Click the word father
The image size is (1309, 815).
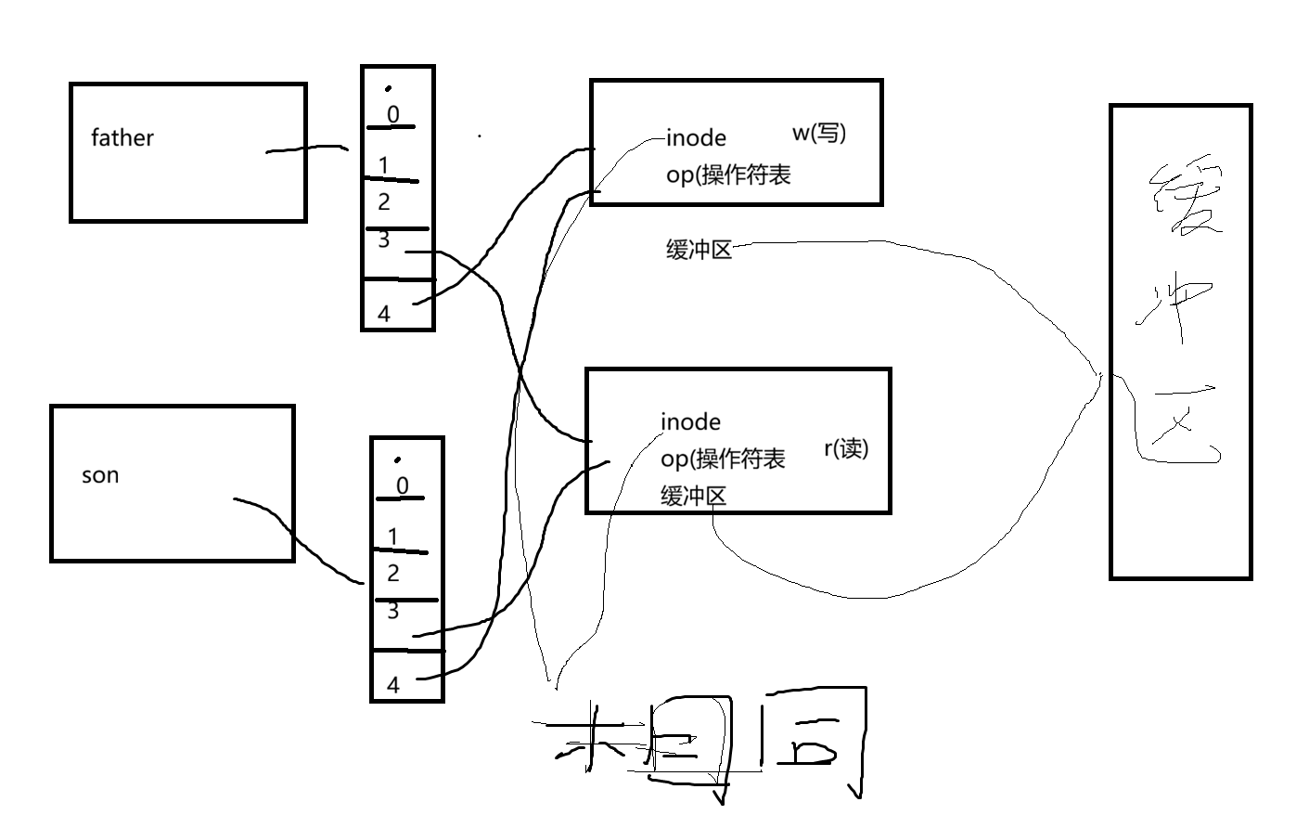(122, 138)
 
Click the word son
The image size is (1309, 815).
(100, 476)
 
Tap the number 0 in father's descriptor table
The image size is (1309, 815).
(393, 114)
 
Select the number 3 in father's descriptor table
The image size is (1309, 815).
(384, 240)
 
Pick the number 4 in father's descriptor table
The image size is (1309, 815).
(384, 314)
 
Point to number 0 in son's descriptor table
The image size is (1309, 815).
(402, 485)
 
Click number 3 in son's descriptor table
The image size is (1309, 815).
(393, 611)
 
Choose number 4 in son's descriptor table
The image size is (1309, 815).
(393, 685)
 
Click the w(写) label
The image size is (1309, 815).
(818, 133)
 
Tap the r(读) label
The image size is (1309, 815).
(845, 449)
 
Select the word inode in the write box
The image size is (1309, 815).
(696, 138)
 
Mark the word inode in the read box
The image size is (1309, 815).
(690, 422)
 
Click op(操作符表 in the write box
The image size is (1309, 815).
(728, 175)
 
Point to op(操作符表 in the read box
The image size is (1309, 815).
(723, 459)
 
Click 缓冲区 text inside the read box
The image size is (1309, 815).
(693, 496)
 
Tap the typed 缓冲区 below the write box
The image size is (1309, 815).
(699, 250)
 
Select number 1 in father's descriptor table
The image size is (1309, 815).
(384, 165)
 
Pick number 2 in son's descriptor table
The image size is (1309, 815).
(393, 573)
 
